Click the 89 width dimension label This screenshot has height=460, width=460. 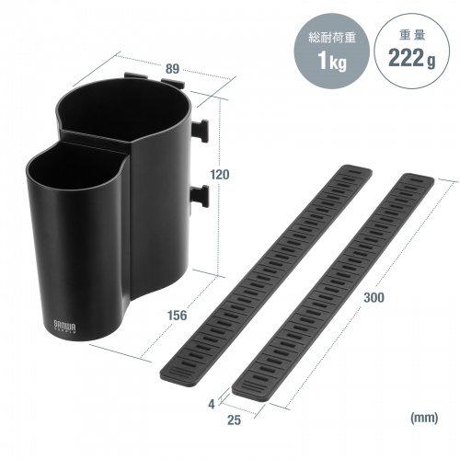[x=172, y=69]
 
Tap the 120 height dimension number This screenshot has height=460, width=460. [x=219, y=175]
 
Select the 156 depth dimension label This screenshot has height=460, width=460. [x=177, y=316]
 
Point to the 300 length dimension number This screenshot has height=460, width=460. [x=374, y=297]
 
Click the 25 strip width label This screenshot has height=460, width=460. [x=234, y=420]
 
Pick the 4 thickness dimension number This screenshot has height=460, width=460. [x=212, y=405]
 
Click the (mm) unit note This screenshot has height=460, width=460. [x=424, y=418]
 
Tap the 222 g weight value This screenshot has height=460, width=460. [x=411, y=58]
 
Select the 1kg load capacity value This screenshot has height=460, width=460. [x=332, y=61]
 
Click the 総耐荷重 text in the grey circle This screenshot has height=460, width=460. [x=332, y=38]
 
